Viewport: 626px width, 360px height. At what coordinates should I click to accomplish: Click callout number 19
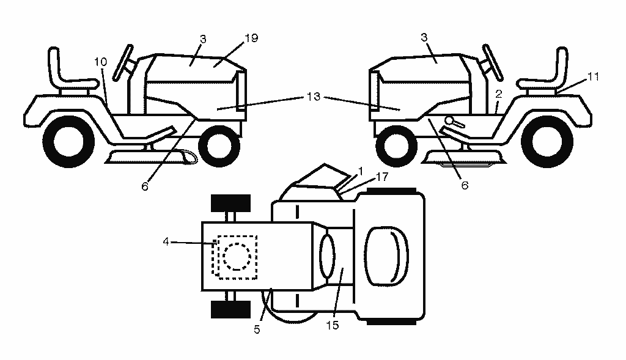[251, 39]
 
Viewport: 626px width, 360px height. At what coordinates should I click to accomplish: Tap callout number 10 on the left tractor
[101, 62]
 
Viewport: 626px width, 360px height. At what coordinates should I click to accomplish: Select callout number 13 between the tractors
[314, 97]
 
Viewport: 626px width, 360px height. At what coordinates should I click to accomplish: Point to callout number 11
[593, 76]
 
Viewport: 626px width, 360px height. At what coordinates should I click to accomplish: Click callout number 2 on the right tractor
[498, 94]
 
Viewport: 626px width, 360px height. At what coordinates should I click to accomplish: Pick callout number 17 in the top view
[382, 177]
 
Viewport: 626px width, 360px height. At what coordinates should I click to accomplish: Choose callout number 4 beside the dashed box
[166, 241]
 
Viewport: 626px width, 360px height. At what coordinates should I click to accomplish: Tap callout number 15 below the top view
[332, 325]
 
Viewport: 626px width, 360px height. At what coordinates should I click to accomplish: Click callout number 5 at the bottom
[257, 329]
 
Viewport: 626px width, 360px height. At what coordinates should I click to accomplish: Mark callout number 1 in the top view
[361, 171]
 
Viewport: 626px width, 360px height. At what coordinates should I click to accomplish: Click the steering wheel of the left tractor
[123, 63]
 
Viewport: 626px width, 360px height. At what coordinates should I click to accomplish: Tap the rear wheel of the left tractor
[68, 142]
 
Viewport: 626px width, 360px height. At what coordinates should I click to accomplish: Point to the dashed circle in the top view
[237, 256]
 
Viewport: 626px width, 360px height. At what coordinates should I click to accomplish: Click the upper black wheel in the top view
[230, 203]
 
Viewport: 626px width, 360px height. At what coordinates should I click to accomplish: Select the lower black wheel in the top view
[230, 309]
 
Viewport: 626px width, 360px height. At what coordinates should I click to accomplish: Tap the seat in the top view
[386, 256]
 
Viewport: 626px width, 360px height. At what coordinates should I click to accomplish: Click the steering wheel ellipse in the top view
[328, 256]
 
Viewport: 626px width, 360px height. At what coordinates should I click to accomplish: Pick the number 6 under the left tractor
[145, 186]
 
